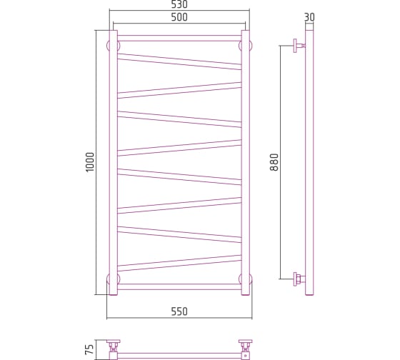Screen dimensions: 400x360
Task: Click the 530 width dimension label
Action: pos(179,4)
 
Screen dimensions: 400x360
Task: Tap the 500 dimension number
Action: pos(179,17)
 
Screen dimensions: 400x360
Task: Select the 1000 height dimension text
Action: pos(90,162)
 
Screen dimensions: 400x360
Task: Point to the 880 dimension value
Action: pos(274,162)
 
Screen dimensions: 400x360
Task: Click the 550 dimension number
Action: pos(179,311)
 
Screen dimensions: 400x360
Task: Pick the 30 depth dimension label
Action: pos(309,17)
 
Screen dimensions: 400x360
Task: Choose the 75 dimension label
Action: pos(89,349)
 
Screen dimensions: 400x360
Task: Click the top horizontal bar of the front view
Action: pos(179,39)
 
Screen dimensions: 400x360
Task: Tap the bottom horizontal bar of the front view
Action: pos(179,286)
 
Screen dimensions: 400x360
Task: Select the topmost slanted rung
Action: pos(179,61)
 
